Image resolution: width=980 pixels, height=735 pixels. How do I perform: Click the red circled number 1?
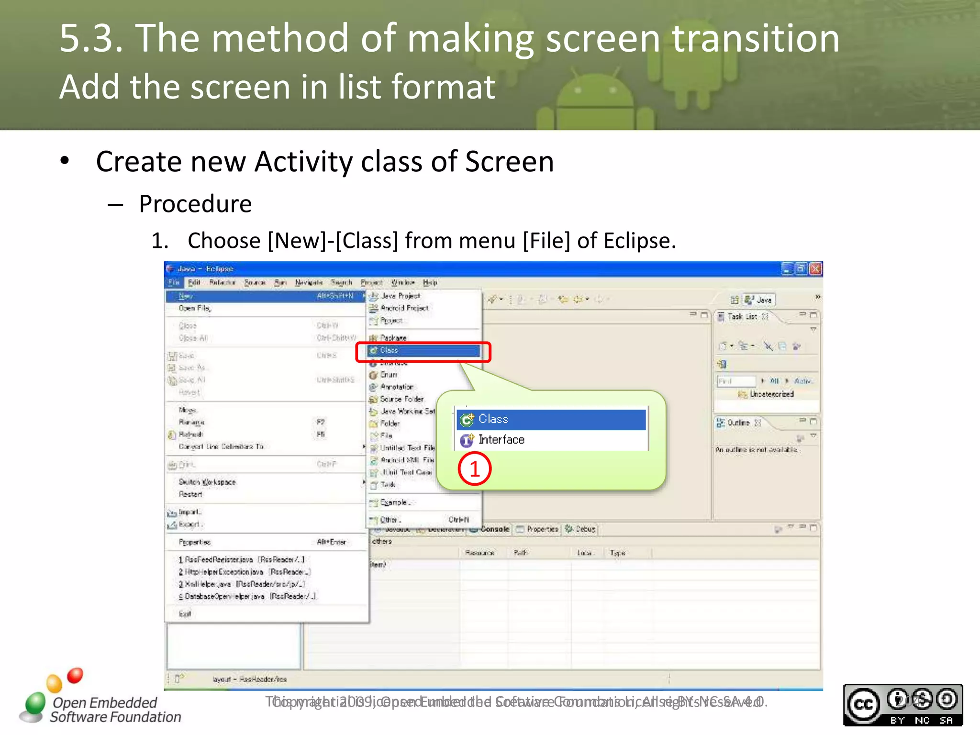point(474,469)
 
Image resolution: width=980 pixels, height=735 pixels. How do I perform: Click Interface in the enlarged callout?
point(501,440)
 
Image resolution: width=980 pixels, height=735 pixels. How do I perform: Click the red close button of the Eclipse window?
point(815,269)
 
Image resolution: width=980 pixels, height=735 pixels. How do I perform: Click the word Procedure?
point(195,204)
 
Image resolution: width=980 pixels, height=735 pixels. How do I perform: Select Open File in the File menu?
point(194,308)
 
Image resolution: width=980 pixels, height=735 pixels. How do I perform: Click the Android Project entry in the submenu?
point(404,308)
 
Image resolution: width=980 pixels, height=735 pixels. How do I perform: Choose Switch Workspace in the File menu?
point(207,482)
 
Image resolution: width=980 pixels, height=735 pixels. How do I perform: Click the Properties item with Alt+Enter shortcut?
point(195,542)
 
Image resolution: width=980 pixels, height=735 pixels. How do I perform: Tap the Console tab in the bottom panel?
point(494,529)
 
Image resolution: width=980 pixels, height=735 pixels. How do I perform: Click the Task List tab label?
point(742,316)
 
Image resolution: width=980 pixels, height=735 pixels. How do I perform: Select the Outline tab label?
point(738,423)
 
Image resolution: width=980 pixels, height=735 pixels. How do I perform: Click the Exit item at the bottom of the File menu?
point(185,614)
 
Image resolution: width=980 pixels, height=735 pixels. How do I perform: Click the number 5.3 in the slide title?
point(91,38)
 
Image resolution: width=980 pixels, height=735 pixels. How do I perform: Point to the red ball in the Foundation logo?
point(75,675)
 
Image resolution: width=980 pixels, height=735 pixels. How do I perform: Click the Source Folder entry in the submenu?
point(401,399)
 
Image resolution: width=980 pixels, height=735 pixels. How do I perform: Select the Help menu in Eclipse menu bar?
point(430,283)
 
